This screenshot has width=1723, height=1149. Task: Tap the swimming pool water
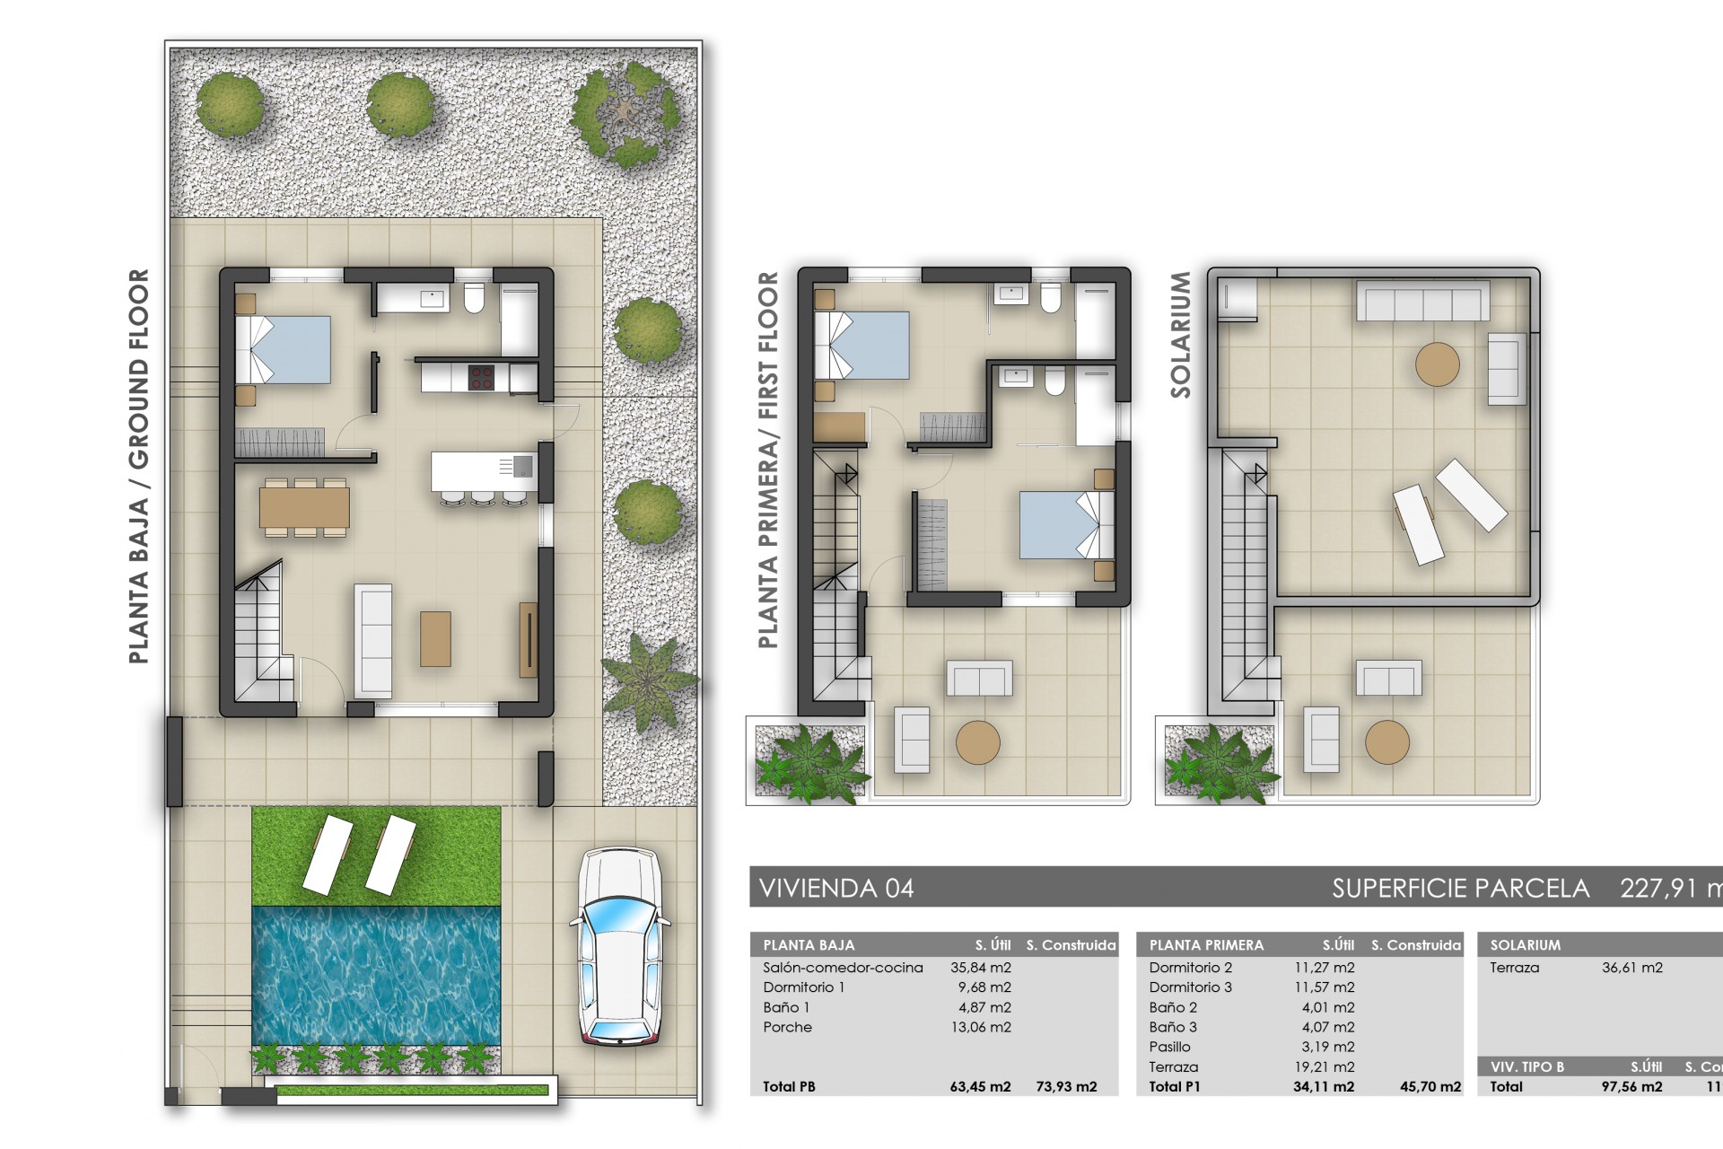tap(376, 974)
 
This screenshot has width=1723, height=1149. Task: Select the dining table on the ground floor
tap(304, 508)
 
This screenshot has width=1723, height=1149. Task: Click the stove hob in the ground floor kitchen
tap(481, 377)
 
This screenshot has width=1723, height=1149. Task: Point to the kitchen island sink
tap(520, 467)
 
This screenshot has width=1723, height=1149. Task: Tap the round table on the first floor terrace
tap(977, 743)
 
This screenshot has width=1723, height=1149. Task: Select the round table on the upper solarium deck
tap(1437, 364)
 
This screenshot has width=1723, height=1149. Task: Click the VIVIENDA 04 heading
tap(836, 889)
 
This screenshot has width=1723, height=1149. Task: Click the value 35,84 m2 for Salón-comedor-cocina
tap(980, 968)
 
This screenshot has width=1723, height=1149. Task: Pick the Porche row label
tap(787, 1027)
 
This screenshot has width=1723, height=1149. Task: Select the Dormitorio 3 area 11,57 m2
tap(1327, 987)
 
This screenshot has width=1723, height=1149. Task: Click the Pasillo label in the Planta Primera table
tap(1169, 1047)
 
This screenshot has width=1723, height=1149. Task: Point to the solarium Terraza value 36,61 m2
tap(1631, 968)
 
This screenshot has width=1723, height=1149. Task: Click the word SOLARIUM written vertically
tap(1180, 335)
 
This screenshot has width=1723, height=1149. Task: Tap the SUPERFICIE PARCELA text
tap(1460, 889)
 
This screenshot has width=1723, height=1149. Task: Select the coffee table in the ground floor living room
tap(435, 638)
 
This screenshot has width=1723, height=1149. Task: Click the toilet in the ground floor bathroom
tap(474, 298)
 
